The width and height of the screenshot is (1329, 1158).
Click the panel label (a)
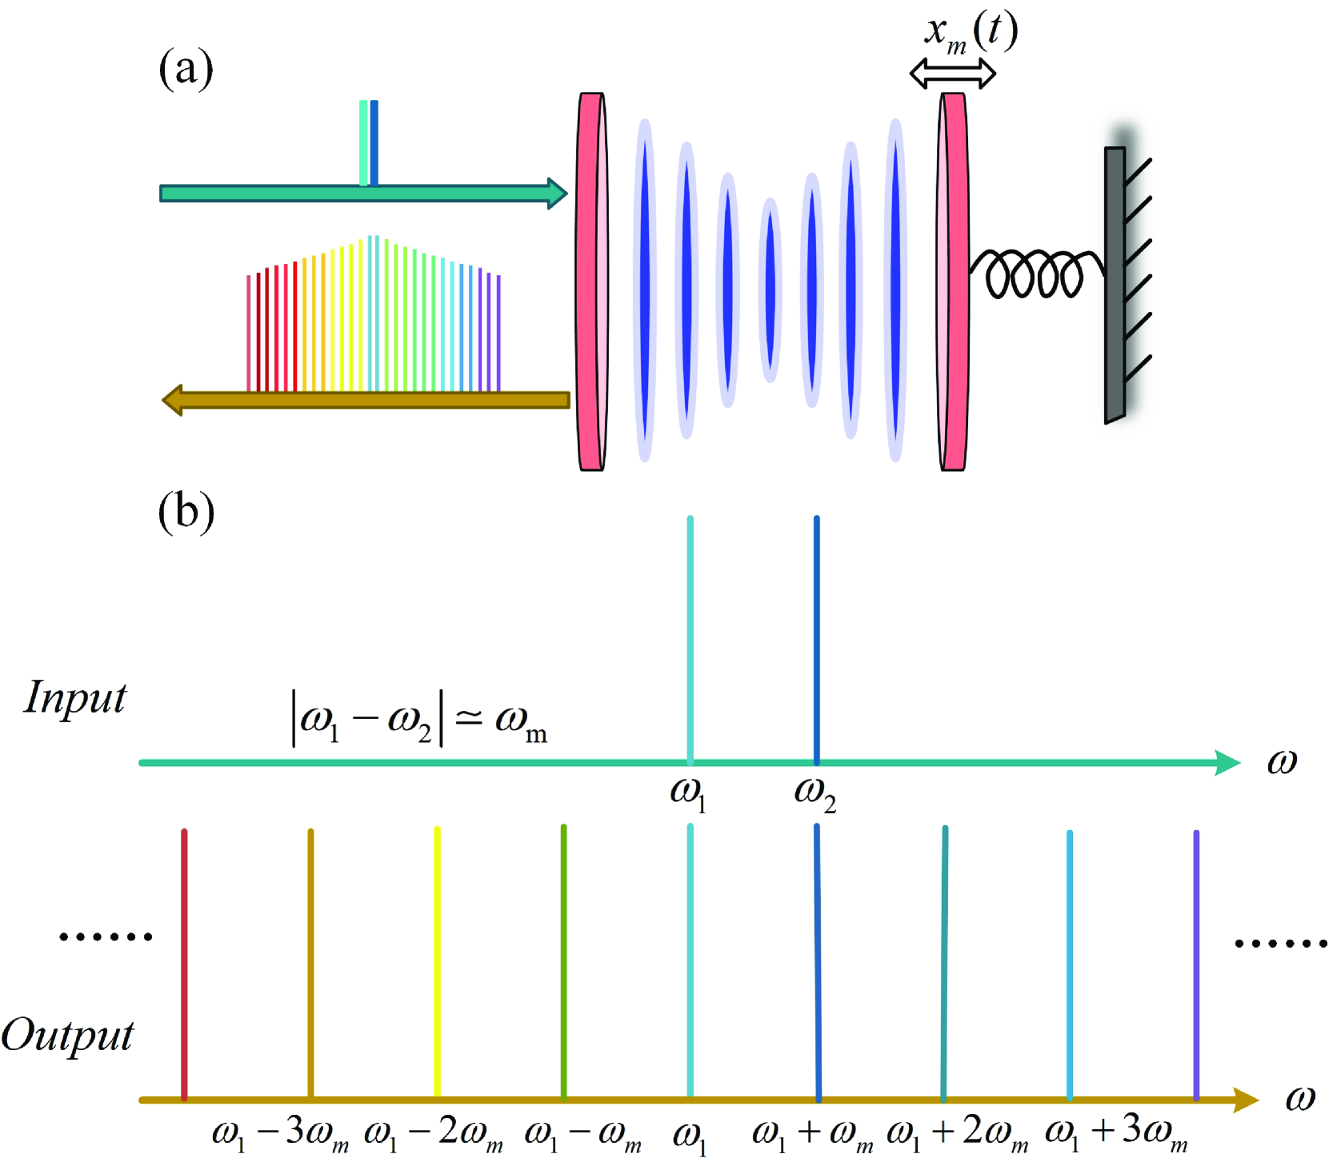[186, 69]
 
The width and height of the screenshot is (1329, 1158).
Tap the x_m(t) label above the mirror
[970, 33]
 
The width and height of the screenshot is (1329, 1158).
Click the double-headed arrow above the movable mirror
[952, 74]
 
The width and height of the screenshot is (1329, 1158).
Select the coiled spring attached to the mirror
[1035, 273]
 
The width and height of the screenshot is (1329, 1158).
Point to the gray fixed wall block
[1115, 284]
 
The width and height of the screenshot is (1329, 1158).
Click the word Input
[75, 697]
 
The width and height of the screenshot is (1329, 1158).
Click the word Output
[67, 1036]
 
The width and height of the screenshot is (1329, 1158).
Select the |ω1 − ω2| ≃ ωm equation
[419, 719]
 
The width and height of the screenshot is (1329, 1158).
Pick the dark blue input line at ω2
[816, 640]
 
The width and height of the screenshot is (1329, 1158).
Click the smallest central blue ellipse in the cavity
[770, 289]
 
